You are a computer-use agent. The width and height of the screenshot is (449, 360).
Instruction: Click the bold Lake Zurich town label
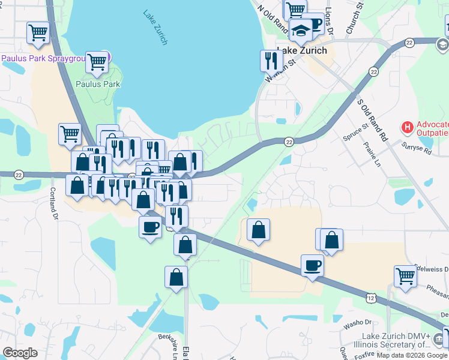point(302,50)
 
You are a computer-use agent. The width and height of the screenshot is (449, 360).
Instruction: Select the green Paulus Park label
point(98,84)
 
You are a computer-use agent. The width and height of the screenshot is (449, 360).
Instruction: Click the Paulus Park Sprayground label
point(48,58)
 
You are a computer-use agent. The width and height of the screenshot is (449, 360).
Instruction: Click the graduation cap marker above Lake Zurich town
point(301,29)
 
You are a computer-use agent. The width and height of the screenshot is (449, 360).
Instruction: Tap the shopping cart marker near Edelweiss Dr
point(405,276)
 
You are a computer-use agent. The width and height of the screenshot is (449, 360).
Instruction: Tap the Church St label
point(354,17)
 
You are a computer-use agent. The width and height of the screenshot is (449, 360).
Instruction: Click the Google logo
point(20,353)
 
